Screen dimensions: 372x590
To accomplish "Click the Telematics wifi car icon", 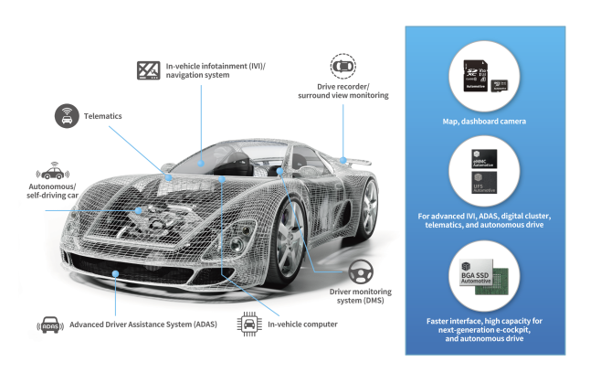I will (x=66, y=117).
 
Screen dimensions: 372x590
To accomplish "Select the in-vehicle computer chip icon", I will (x=248, y=323).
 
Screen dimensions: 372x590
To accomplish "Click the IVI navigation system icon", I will (x=148, y=69).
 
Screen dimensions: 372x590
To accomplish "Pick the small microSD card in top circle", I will (x=501, y=86).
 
